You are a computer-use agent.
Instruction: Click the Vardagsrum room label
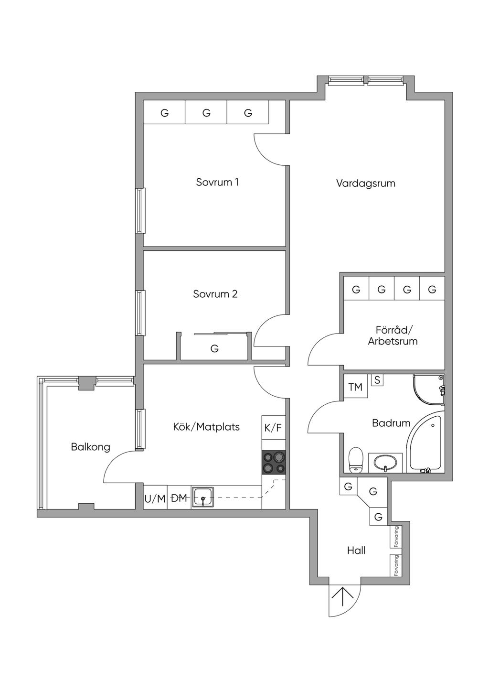pyautogui.click(x=365, y=184)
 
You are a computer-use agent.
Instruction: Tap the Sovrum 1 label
pyautogui.click(x=217, y=182)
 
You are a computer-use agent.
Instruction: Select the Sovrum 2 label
pyautogui.click(x=215, y=293)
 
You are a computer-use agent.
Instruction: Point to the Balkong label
pyautogui.click(x=90, y=447)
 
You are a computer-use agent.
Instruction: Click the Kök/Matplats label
pyautogui.click(x=206, y=427)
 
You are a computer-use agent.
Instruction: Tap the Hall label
pyautogui.click(x=356, y=550)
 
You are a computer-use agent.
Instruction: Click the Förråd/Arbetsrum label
pyautogui.click(x=393, y=335)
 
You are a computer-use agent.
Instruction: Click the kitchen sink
pyautogui.click(x=203, y=497)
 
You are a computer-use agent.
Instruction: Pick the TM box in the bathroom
pyautogui.click(x=355, y=387)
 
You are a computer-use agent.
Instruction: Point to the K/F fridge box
pyautogui.click(x=274, y=428)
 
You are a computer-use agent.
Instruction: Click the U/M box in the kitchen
pyautogui.click(x=155, y=497)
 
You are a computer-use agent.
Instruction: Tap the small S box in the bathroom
pyautogui.click(x=377, y=380)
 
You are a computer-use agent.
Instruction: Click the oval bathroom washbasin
pyautogui.click(x=385, y=463)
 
